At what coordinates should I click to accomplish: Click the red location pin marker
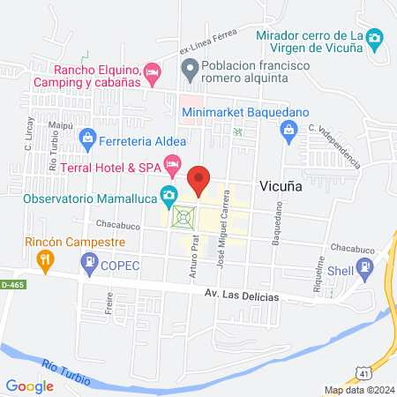pyautogui.click(x=199, y=180)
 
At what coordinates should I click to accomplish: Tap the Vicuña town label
pyautogui.click(x=284, y=187)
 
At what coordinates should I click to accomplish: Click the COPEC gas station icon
pyautogui.click(x=89, y=261)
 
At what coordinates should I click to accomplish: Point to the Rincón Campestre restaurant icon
pyautogui.click(x=44, y=258)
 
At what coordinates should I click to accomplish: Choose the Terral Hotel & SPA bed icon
pyautogui.click(x=174, y=164)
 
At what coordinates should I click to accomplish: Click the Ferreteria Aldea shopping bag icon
pyautogui.click(x=88, y=138)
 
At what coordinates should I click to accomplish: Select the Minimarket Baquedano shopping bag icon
pyautogui.click(x=288, y=131)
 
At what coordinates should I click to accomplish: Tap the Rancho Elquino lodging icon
pyautogui.click(x=152, y=70)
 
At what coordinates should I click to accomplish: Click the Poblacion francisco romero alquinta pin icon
pyautogui.click(x=189, y=66)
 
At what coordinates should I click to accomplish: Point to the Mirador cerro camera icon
pyautogui.click(x=375, y=38)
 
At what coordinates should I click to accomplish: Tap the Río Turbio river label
pyautogui.click(x=67, y=364)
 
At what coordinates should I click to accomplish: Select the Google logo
pyautogui.click(x=29, y=386)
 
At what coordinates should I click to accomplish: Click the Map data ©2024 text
pyautogui.click(x=358, y=390)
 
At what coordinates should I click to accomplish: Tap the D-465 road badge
pyautogui.click(x=11, y=285)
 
